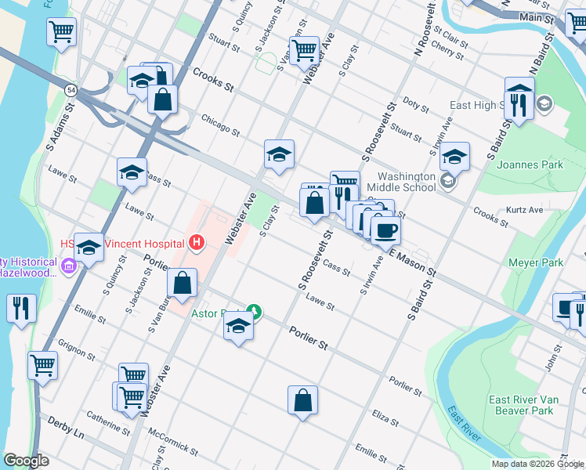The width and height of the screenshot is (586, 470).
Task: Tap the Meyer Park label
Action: (537, 262)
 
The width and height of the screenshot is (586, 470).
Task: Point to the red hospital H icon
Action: (196, 243)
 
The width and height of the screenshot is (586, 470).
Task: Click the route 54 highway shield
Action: (71, 90)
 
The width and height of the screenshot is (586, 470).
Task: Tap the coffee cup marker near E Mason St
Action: (385, 230)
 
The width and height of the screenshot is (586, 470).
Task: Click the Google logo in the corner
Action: (27, 461)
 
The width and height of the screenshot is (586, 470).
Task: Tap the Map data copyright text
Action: (537, 464)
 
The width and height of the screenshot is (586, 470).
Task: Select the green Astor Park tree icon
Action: (253, 311)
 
